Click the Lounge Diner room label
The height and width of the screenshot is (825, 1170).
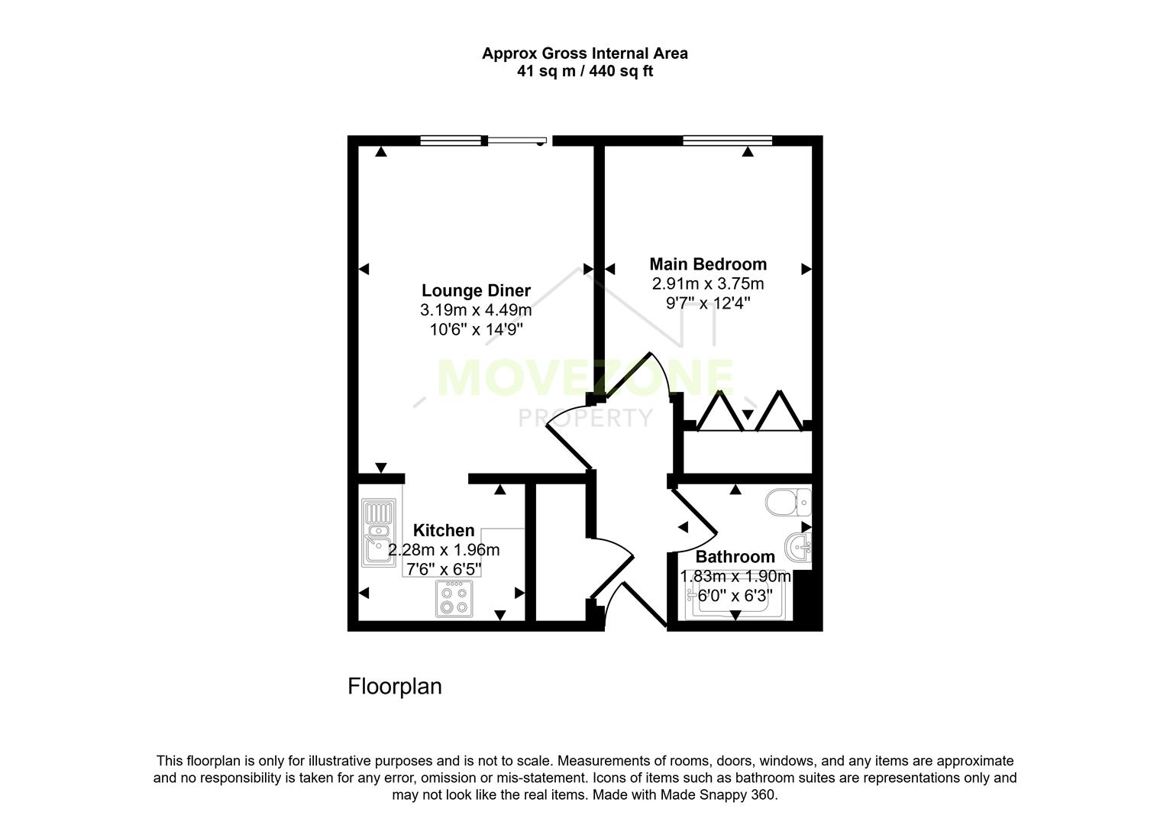(476, 291)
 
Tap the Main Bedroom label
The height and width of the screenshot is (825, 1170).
(708, 264)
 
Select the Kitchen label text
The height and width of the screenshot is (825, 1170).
(444, 530)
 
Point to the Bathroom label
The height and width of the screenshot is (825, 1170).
(735, 557)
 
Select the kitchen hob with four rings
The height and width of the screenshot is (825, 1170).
(453, 598)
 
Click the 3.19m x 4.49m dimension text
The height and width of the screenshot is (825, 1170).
(476, 311)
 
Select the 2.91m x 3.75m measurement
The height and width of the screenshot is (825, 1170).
(708, 284)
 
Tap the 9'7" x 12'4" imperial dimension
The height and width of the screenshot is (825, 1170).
(708, 303)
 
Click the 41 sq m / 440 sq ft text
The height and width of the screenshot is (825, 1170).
(584, 72)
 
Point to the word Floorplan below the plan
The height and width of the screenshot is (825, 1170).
(395, 686)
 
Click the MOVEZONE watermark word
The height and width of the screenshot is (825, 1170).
(585, 378)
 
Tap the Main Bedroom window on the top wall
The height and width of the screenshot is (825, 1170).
(727, 140)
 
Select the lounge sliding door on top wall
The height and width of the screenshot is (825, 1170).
(517, 141)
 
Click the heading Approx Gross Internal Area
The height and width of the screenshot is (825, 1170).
(584, 53)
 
